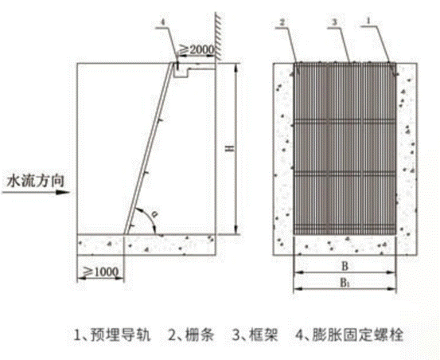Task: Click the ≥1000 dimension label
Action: coord(101,272)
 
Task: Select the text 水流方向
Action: coord(35,181)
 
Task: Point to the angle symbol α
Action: coord(154,214)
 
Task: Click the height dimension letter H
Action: coord(231,148)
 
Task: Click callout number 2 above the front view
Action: coord(282,22)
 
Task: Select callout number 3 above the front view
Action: coord(334,22)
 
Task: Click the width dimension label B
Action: coord(345,266)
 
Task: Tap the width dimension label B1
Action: coord(345,283)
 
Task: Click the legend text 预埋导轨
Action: coord(121,335)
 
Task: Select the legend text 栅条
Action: coord(200,335)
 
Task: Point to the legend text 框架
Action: coord(263,335)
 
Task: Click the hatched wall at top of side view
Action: coord(218,37)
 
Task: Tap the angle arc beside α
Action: coord(148,217)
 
